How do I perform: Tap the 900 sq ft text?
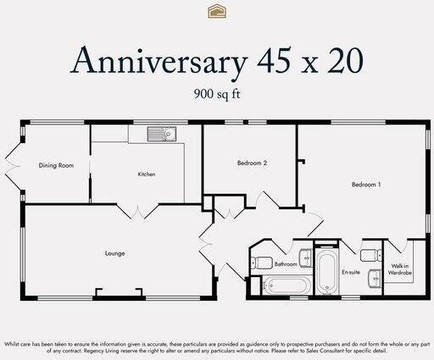pos(216,93)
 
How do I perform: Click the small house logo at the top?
pos(216,11)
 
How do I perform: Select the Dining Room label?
pos(56,165)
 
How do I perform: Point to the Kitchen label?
pos(147,174)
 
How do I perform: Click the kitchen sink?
pos(158,134)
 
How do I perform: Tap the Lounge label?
pos(115,252)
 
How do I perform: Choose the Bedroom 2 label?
pos(252,163)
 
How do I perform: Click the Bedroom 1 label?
pos(366,184)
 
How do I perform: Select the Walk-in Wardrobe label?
pos(400,270)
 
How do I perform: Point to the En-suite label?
pos(351,273)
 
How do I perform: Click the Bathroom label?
pos(286,264)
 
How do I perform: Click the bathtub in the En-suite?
pos(325,272)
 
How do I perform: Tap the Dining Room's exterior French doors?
pos(11,169)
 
